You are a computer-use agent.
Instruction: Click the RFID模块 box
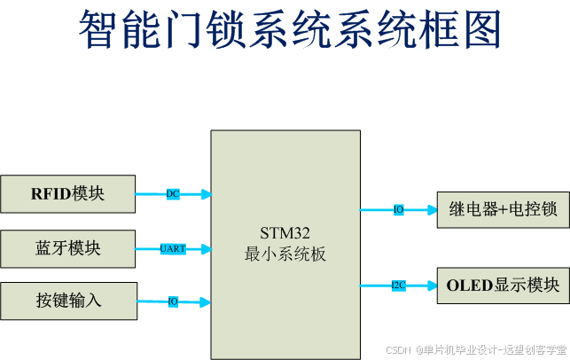point(68,194)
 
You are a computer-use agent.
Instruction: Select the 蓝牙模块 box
point(68,248)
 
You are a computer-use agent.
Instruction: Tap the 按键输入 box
point(68,301)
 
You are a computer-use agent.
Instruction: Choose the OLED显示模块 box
point(503,286)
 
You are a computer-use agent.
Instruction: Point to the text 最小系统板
point(285,254)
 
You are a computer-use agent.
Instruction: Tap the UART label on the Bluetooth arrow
point(173,249)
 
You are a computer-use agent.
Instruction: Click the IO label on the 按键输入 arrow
point(174,301)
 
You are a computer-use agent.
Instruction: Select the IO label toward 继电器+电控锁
point(398,210)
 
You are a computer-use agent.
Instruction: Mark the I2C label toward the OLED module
point(398,286)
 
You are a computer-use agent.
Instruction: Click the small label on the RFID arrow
point(173,194)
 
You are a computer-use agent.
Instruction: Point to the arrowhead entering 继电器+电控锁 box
point(432,210)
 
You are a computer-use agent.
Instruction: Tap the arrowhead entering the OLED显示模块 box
point(432,286)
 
